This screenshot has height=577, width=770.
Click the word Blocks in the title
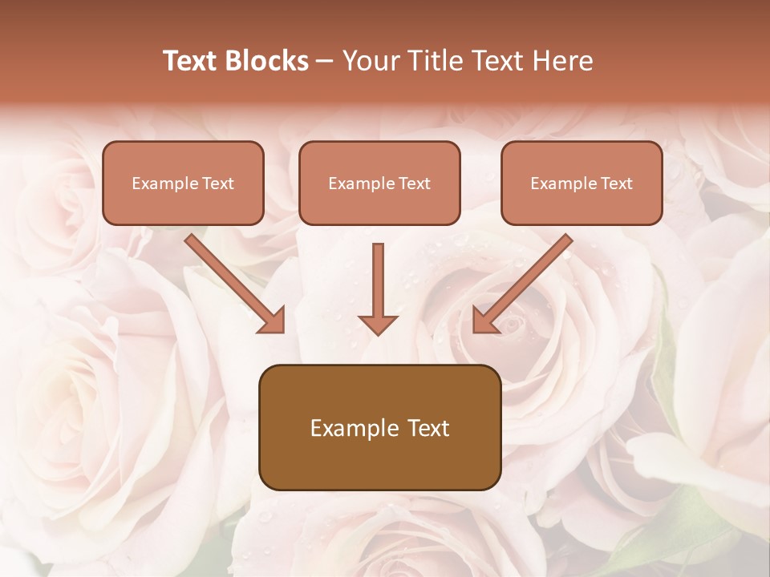(x=268, y=61)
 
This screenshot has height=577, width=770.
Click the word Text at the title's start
(x=193, y=61)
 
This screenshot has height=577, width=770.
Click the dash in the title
(x=325, y=61)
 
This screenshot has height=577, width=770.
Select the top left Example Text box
(x=183, y=183)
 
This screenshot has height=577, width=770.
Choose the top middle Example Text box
(x=379, y=183)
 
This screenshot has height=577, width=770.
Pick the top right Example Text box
(x=582, y=183)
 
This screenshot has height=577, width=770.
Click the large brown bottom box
(x=379, y=427)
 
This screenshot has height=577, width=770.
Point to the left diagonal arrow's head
(x=273, y=321)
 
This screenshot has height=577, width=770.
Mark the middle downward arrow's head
(x=378, y=324)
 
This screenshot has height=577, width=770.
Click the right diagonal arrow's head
(x=484, y=321)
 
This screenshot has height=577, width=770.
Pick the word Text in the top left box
(x=218, y=184)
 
